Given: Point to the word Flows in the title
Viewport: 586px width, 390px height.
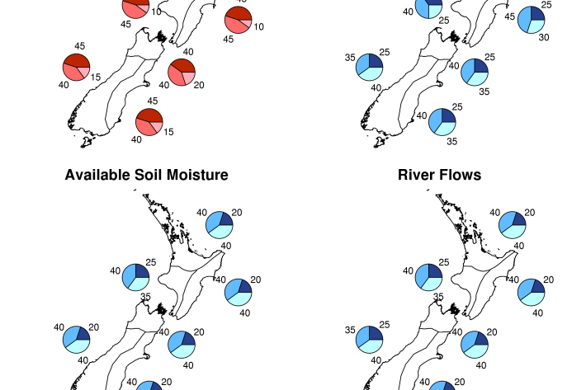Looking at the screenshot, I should coord(461,175).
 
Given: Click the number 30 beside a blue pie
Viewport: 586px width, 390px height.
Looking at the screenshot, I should coord(544,37).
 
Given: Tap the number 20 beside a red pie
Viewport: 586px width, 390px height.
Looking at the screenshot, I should coord(199,85).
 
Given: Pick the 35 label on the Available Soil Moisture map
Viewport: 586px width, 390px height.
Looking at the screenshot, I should coord(145,297).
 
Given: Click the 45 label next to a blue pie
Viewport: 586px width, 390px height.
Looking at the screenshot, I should coord(509,16).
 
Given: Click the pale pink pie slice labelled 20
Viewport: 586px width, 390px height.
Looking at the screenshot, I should coord(189,78).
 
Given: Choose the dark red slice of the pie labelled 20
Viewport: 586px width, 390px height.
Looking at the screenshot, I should coord(182,66).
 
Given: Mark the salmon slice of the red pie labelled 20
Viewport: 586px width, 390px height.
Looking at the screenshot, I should coord(176,78).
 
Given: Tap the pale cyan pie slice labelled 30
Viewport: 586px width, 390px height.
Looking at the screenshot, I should coord(537,25).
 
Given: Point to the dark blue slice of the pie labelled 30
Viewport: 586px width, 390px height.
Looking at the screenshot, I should coord(537,12).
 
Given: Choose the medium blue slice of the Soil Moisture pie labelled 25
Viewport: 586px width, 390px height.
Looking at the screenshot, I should coord(129,275).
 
